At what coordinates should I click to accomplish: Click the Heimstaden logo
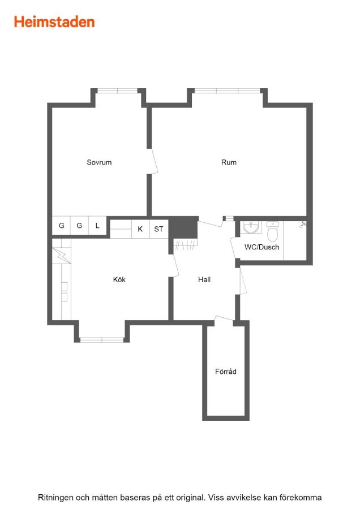pos(54,22)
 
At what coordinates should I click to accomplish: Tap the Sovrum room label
pos(99,162)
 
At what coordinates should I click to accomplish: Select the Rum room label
pos(229,162)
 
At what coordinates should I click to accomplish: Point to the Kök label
pos(119,279)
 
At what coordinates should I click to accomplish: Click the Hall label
pos(204,279)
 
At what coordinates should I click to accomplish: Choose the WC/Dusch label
pos(262,247)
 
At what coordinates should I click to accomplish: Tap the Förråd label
pos(225,372)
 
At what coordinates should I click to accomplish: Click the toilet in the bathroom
pos(273,231)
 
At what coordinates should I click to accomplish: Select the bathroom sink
pos(251,227)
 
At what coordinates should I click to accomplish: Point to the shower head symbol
pos(303,225)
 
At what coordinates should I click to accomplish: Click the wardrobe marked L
pos(97,225)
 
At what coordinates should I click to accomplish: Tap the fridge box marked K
pos(140,229)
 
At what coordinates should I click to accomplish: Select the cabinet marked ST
pos(158,229)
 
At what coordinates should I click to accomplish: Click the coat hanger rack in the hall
pos(185,244)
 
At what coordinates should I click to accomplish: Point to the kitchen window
pos(102,340)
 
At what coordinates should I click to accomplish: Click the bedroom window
pos(118,91)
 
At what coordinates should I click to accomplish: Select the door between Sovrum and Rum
pos(153,161)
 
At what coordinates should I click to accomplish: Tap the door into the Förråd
pos(224,320)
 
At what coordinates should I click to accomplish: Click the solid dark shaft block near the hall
pos(183,227)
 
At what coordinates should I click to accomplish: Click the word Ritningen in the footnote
pos(55,497)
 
